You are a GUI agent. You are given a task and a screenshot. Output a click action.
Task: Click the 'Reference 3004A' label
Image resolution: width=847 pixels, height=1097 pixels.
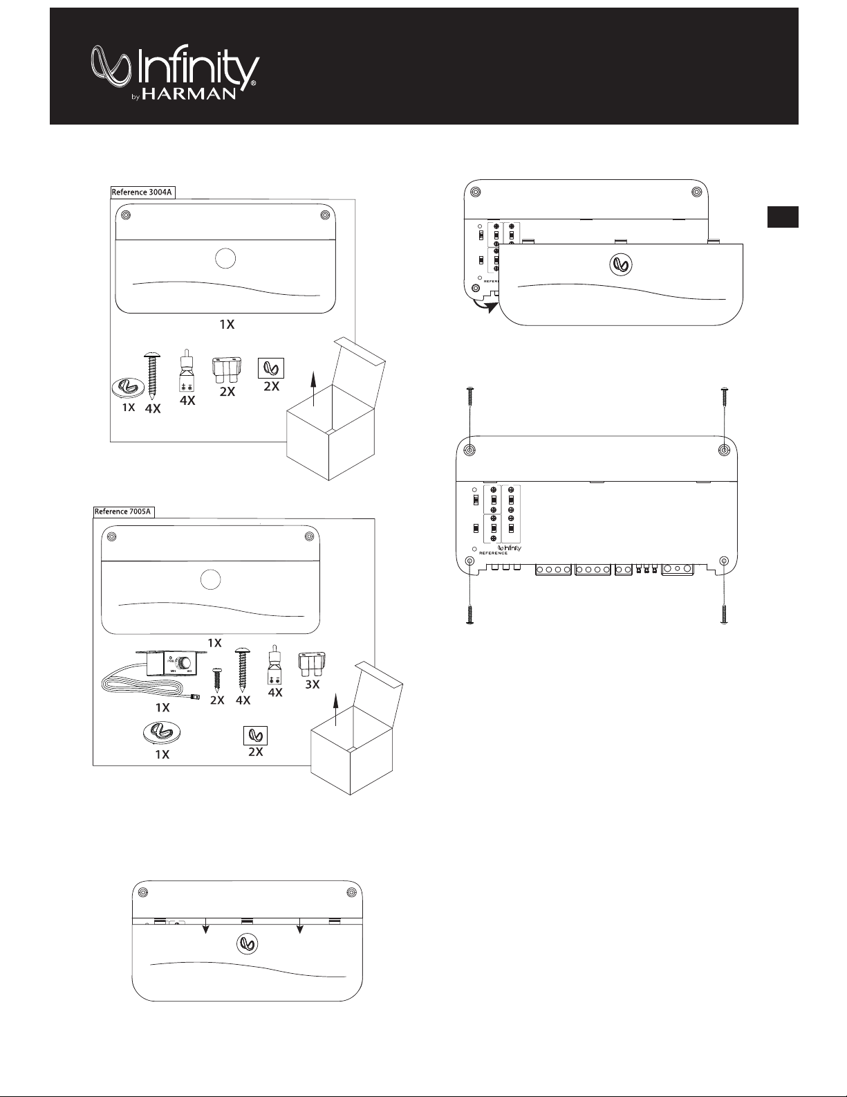pyautogui.click(x=141, y=192)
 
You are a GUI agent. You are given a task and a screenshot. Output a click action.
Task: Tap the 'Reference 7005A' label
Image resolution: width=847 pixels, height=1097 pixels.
pyautogui.click(x=123, y=512)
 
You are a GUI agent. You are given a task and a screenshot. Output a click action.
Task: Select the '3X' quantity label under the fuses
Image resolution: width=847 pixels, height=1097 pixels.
pyautogui.click(x=312, y=685)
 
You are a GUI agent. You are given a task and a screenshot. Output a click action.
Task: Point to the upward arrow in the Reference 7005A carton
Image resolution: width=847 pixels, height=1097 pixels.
pyautogui.click(x=336, y=709)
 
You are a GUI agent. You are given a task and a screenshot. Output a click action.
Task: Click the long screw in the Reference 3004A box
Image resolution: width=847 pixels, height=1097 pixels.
pyautogui.click(x=152, y=374)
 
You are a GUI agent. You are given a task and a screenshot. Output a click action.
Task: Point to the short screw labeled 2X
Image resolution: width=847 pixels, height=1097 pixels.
pyautogui.click(x=216, y=680)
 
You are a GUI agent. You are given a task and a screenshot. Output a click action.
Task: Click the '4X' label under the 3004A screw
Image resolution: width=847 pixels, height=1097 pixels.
pyautogui.click(x=152, y=409)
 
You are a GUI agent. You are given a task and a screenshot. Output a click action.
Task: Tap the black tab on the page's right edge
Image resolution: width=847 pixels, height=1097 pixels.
pyautogui.click(x=783, y=217)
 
